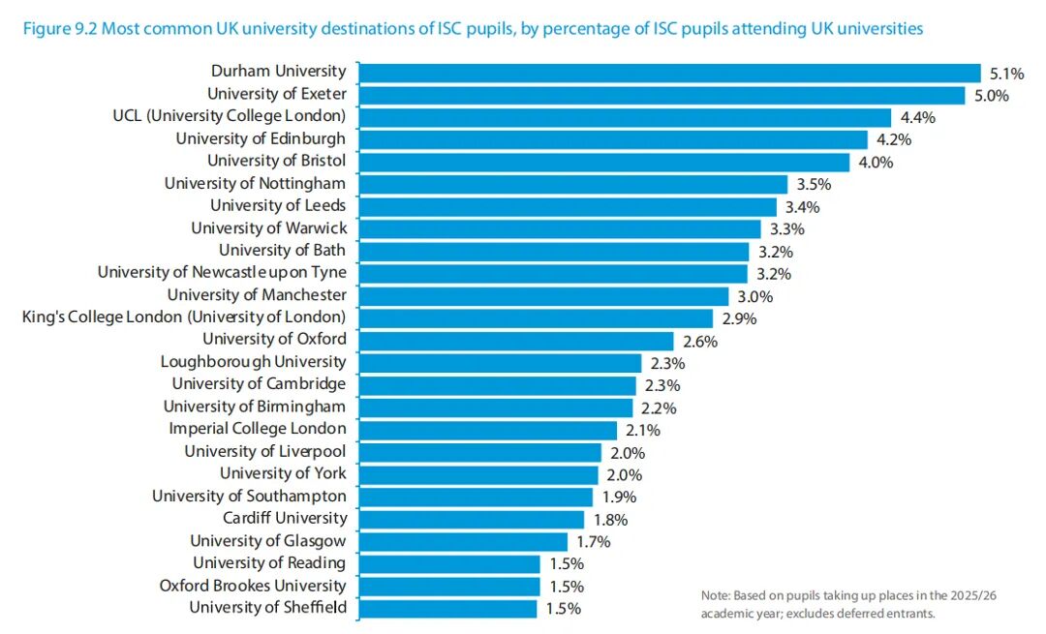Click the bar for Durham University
[x=670, y=73]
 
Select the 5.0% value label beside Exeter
[x=992, y=95]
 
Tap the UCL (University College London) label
[x=229, y=116]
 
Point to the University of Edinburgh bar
[x=613, y=140]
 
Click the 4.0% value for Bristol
[x=876, y=162]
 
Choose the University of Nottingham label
[x=255, y=183]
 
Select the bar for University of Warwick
[x=560, y=229]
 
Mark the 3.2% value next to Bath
[x=775, y=252]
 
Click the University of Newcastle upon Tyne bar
[x=553, y=274]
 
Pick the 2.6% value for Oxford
[x=700, y=342]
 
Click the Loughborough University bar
[x=500, y=363]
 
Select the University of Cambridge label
[x=259, y=384]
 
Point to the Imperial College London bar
[x=487, y=431]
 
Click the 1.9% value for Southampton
[x=619, y=497]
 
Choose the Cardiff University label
[x=285, y=518]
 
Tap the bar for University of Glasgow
[x=463, y=542]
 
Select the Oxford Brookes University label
[x=253, y=586]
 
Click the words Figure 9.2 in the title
[x=59, y=29]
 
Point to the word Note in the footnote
[x=715, y=595]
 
